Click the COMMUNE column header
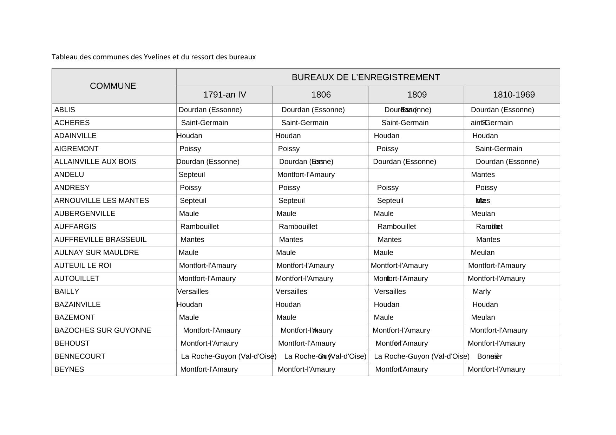click(113, 86)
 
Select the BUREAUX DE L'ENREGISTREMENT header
click(366, 77)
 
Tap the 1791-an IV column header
click(224, 95)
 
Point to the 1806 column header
click(321, 95)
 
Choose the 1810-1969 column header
click(513, 95)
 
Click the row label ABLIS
click(65, 110)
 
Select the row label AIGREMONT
click(77, 149)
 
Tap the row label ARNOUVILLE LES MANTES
click(101, 201)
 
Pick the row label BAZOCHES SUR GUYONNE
click(103, 331)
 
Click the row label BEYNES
click(69, 370)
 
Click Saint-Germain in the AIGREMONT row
click(498, 149)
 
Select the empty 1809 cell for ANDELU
click(416, 175)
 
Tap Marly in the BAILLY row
click(481, 292)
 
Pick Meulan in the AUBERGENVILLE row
click(483, 214)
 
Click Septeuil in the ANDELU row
click(192, 175)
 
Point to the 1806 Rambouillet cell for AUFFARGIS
click(298, 227)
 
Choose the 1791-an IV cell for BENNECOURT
click(228, 357)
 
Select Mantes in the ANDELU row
click(483, 175)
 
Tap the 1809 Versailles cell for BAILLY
click(390, 292)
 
